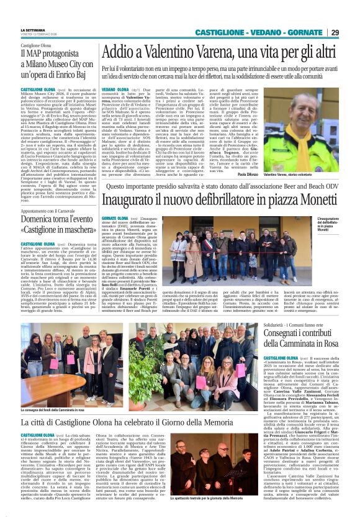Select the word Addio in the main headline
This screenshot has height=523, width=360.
120,52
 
